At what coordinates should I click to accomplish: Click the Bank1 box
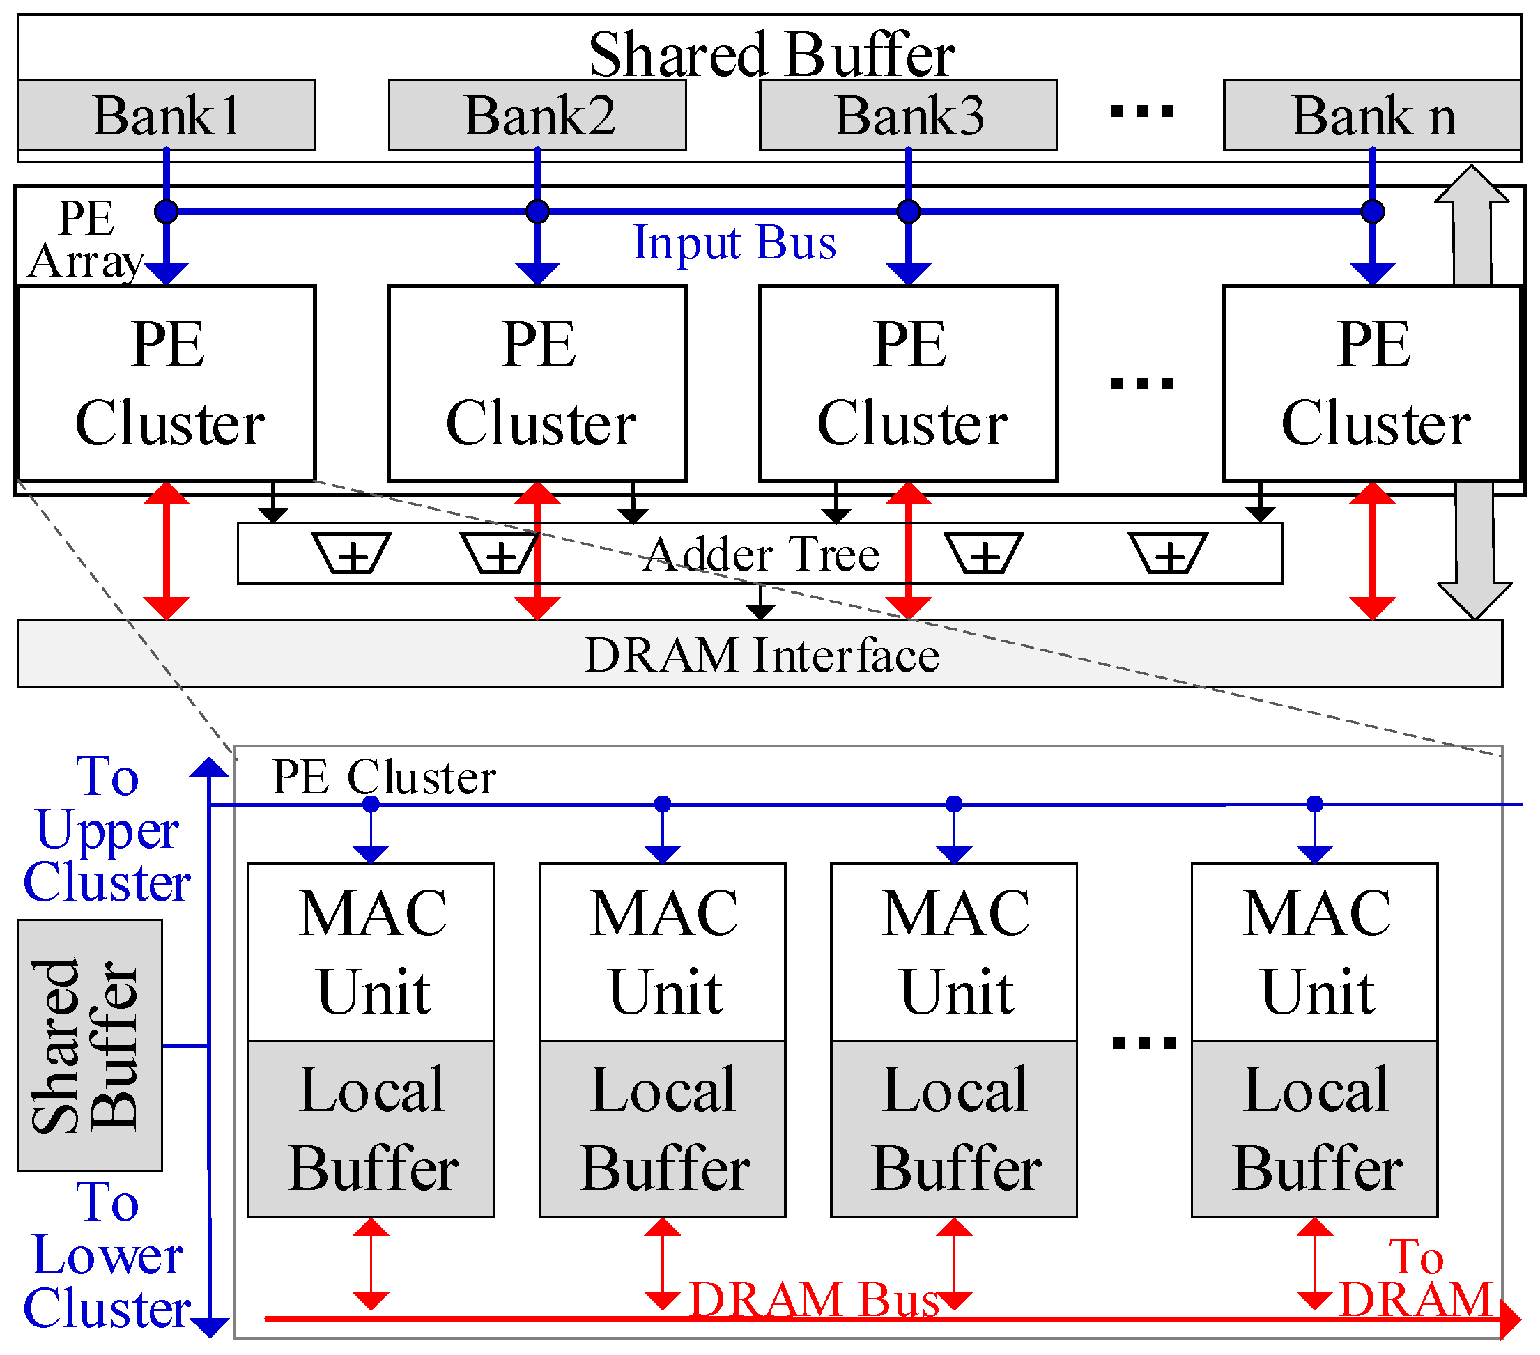point(166,115)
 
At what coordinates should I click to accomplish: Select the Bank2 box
point(537,115)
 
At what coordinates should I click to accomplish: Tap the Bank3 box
point(909,115)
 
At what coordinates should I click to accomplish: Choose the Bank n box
point(1372,115)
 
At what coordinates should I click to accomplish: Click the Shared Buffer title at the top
point(771,54)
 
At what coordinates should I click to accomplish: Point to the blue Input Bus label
point(734,242)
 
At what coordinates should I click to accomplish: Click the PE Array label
point(86,240)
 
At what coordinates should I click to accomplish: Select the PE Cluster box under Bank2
point(537,382)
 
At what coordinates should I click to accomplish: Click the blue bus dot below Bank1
point(166,212)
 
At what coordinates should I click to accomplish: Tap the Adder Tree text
point(761,555)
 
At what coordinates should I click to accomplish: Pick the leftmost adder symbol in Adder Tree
point(351,555)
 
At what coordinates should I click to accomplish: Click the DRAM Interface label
point(761,655)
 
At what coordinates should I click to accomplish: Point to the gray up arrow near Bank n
point(1472,226)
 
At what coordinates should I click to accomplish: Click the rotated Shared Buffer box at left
point(89,1046)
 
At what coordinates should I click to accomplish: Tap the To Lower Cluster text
point(107,1255)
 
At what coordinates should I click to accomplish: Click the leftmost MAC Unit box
point(371,953)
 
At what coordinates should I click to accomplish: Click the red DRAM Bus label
point(814,1299)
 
